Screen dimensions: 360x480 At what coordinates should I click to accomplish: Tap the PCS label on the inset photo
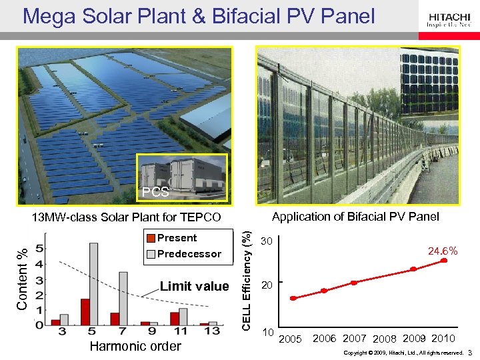155,193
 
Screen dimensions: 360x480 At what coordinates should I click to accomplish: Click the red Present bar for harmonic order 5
85,312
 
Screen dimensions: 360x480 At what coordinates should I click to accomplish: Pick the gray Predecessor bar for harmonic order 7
123,299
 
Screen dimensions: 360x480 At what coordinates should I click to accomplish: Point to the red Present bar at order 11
174,319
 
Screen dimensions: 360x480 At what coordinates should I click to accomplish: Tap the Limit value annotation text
194,287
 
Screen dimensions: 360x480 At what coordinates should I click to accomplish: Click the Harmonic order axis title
135,346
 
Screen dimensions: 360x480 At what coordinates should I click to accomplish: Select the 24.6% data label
442,251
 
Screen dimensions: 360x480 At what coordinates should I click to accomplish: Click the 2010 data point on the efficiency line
443,261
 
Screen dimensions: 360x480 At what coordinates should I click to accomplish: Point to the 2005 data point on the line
293,298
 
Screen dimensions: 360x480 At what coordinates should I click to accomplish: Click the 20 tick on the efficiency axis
267,285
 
